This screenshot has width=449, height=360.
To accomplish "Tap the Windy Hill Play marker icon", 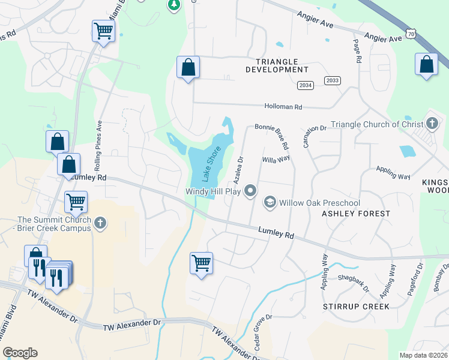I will [251, 191].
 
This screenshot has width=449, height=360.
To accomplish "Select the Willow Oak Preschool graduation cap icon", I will [270, 202].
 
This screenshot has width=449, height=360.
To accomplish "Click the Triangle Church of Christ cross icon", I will [432, 124].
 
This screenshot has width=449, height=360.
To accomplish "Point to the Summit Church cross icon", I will [100, 223].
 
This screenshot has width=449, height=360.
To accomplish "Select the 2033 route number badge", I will [332, 80].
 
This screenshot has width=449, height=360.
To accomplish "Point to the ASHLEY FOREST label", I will [356, 214].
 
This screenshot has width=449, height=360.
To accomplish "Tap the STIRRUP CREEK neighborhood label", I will [356, 307].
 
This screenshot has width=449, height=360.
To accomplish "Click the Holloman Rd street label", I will [283, 106].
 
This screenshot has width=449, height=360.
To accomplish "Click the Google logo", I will [20, 353].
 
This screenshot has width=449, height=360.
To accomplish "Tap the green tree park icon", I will [173, 5].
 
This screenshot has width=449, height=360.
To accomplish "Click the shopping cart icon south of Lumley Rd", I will [201, 262].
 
